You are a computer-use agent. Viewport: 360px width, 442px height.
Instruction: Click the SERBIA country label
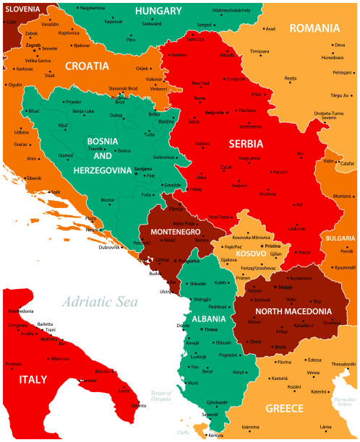pyautogui.click(x=246, y=144)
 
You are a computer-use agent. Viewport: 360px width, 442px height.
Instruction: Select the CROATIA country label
pyautogui.click(x=87, y=66)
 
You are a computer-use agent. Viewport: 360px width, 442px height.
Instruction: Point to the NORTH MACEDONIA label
pyautogui.click(x=293, y=312)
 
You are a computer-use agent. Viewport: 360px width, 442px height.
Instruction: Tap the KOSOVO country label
pyautogui.click(x=251, y=255)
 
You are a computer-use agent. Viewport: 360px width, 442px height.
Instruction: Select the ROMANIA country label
pyautogui.click(x=314, y=28)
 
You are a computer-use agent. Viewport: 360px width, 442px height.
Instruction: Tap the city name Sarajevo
pyautogui.click(x=143, y=168)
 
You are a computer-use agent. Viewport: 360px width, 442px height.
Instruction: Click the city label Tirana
pyautogui.click(x=210, y=329)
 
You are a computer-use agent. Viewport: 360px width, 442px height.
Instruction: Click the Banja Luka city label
pyautogui.click(x=83, y=111)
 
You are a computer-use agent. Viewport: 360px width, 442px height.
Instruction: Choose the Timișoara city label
pyautogui.click(x=259, y=51)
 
